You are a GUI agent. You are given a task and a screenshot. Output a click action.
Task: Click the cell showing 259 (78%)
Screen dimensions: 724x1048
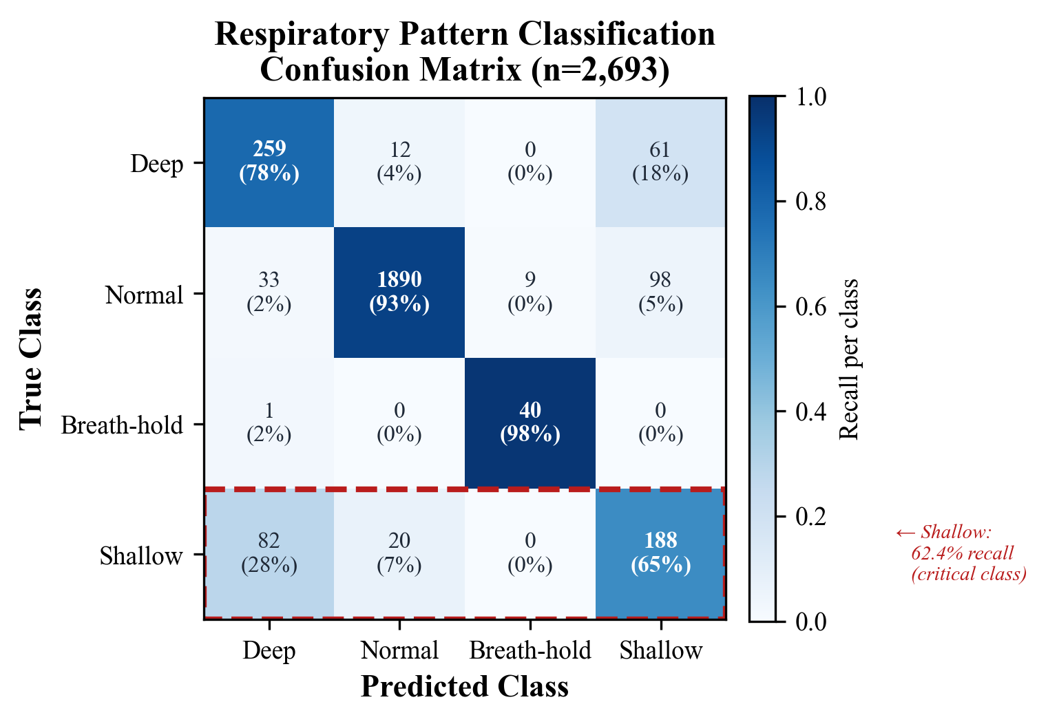coord(269,162)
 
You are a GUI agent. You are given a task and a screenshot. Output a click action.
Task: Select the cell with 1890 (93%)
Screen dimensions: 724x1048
coord(399,292)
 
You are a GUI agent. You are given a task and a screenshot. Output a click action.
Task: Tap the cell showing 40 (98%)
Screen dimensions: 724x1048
coord(530,423)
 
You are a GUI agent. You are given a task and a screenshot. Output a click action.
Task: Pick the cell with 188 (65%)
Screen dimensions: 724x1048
coord(660,553)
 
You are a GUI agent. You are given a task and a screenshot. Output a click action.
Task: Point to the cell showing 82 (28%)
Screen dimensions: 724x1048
coord(269,553)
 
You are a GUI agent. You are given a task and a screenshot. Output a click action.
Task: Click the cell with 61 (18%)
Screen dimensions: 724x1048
coord(660,162)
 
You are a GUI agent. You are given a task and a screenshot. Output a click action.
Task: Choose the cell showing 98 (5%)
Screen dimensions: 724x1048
coord(660,292)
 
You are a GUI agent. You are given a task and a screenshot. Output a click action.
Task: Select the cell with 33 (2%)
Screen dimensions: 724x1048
coord(269,292)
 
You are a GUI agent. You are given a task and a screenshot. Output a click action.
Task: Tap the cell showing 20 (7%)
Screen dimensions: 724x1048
coord(399,553)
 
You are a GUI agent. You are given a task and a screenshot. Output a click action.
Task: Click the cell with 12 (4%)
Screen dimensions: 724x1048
coord(399,162)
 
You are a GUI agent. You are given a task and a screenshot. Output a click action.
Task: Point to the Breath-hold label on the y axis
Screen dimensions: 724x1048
coord(122,425)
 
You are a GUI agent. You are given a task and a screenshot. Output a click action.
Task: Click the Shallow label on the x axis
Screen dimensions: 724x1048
coord(660,650)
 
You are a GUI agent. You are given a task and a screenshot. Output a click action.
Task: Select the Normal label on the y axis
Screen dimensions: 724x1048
coord(144,295)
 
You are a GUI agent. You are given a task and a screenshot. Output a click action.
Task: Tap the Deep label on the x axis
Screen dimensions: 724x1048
coord(269,650)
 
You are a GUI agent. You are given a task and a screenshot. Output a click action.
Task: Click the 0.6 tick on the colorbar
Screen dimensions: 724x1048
coord(810,307)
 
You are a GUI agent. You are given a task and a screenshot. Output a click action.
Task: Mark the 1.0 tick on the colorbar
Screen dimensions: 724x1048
coord(810,97)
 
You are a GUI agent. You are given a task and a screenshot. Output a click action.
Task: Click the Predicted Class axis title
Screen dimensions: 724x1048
coord(465,687)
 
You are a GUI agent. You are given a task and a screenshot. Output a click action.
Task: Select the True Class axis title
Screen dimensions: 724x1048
coord(31,359)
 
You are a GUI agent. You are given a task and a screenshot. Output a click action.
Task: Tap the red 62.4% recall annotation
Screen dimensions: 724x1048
coord(961,553)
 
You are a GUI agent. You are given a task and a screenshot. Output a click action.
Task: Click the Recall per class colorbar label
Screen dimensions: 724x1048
coord(850,359)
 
